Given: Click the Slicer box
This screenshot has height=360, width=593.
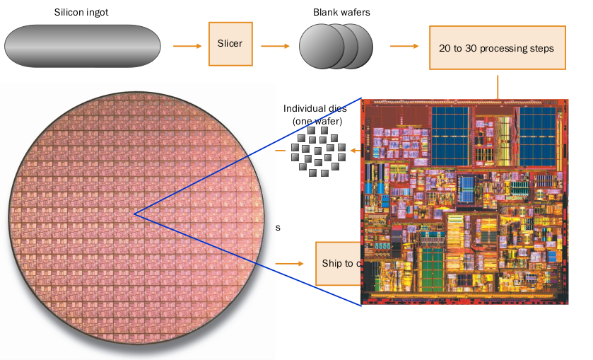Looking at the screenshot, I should pos(230,44).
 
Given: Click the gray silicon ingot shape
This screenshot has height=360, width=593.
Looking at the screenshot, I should pos(81,47).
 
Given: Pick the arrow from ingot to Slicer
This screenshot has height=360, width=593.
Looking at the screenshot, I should pos(186,47).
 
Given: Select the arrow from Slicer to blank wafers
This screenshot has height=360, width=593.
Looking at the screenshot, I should pos(276,47).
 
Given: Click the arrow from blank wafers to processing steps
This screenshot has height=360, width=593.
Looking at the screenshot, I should pos(404,47).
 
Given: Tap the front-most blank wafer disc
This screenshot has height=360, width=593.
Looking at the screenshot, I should pos(322,47).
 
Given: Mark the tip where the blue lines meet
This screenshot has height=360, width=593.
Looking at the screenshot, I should pos(134,213).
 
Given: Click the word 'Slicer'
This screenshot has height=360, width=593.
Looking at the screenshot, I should pos(230,44).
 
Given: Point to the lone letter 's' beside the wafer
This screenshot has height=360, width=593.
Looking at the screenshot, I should pos(278,228).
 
